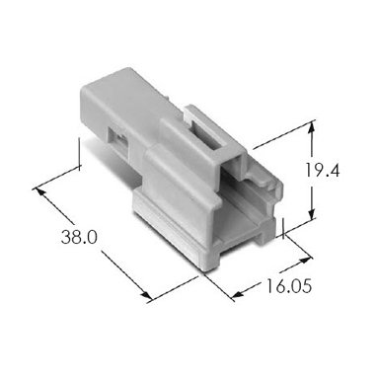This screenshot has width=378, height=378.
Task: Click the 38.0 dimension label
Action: coord(79,237)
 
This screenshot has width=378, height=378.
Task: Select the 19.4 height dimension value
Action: coord(322,171)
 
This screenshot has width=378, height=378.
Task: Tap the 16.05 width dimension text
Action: coord(288,286)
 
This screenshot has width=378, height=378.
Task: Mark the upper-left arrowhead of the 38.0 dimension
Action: coord(38,192)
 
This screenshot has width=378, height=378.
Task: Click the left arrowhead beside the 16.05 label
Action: coord(237,294)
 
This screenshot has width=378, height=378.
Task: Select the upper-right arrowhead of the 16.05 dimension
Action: coord(305,260)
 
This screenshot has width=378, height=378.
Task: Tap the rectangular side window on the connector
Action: coord(117,141)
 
